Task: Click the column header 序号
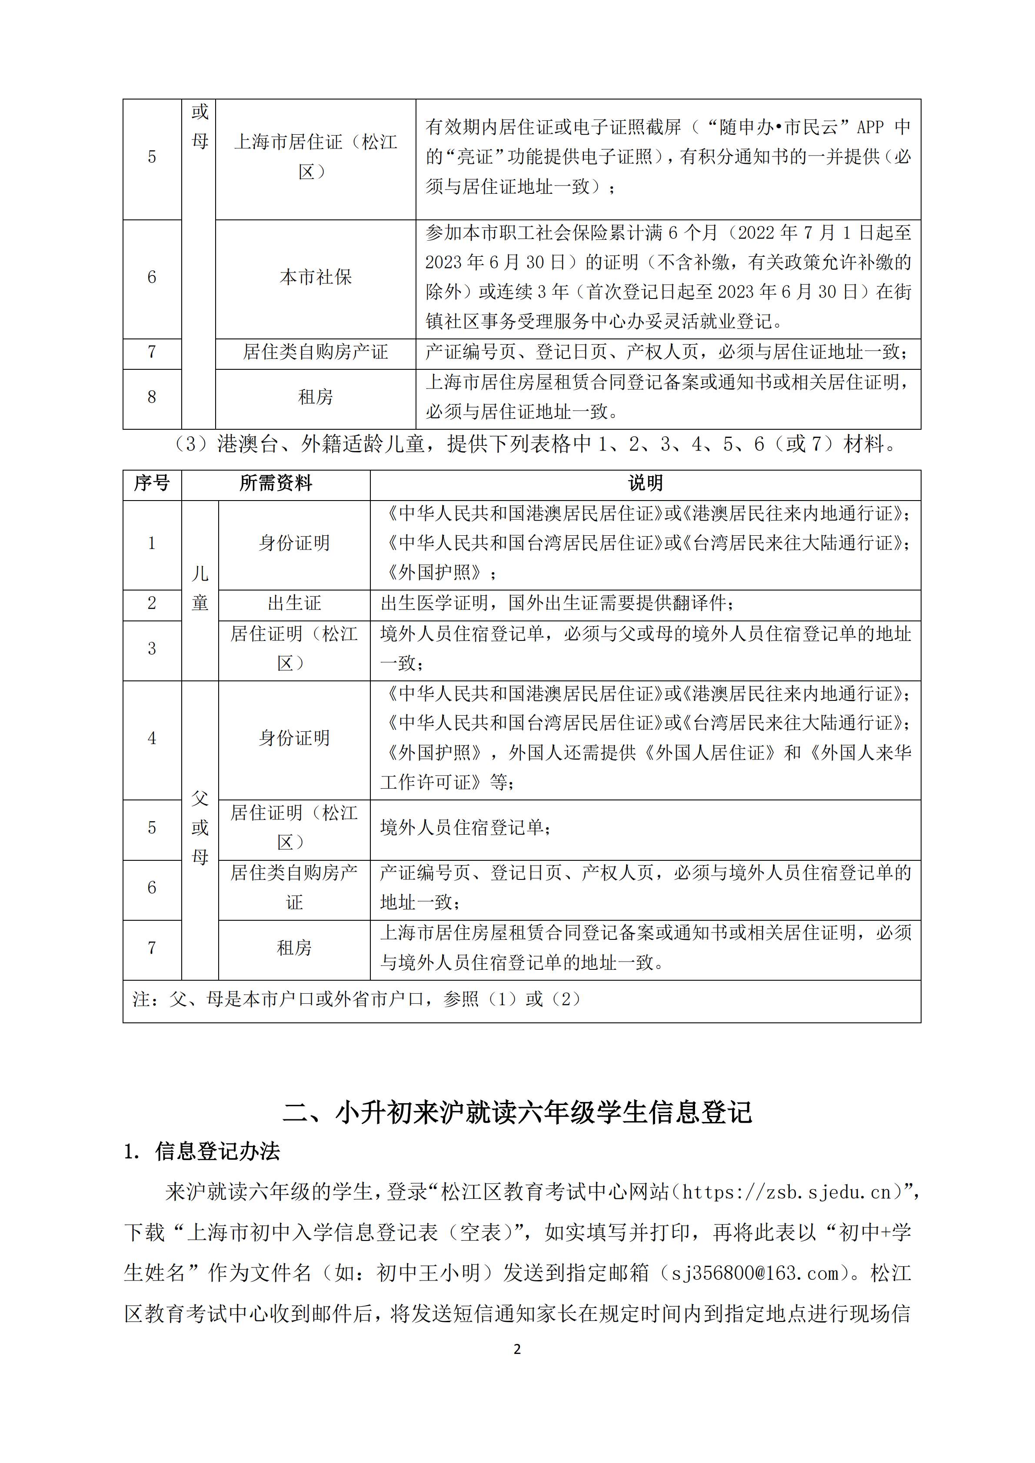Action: [152, 483]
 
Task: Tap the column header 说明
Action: [645, 483]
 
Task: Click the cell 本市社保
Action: [316, 277]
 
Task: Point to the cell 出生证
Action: [294, 603]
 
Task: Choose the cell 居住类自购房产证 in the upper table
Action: [316, 352]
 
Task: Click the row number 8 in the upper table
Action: [152, 397]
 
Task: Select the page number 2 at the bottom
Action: [517, 1349]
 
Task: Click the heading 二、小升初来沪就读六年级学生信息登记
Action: [517, 1112]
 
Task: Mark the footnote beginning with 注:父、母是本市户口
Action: [357, 999]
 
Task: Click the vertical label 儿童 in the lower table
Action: [200, 588]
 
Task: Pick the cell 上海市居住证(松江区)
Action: [316, 156]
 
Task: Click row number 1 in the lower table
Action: [152, 543]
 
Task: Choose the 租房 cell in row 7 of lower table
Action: [294, 948]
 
